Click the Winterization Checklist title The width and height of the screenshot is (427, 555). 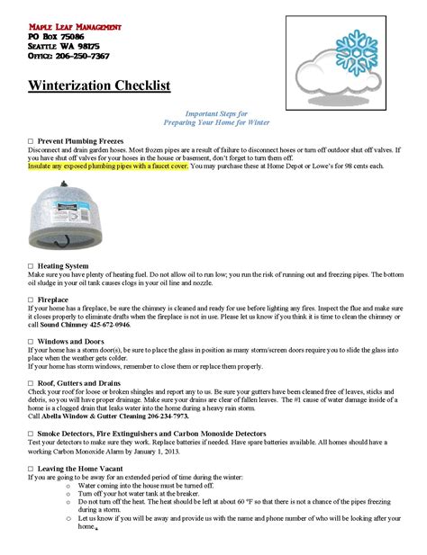(x=99, y=86)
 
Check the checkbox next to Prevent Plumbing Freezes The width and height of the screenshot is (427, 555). (x=31, y=142)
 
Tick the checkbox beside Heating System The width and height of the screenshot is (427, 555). (x=31, y=266)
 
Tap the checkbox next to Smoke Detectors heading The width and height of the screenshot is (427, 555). (x=31, y=434)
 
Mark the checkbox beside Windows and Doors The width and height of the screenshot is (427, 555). (x=31, y=343)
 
